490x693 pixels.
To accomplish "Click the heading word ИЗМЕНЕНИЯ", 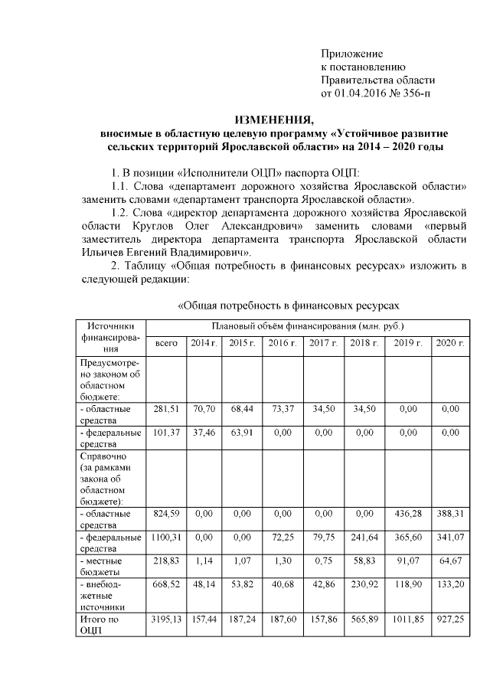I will coord(273,119).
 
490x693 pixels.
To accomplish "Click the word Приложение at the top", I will coord(351,54).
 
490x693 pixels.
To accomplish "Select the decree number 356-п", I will coord(416,93).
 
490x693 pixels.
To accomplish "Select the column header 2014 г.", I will coord(203,343).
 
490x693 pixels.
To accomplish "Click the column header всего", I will coord(166,343).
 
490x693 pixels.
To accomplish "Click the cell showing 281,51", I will coord(166,409).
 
